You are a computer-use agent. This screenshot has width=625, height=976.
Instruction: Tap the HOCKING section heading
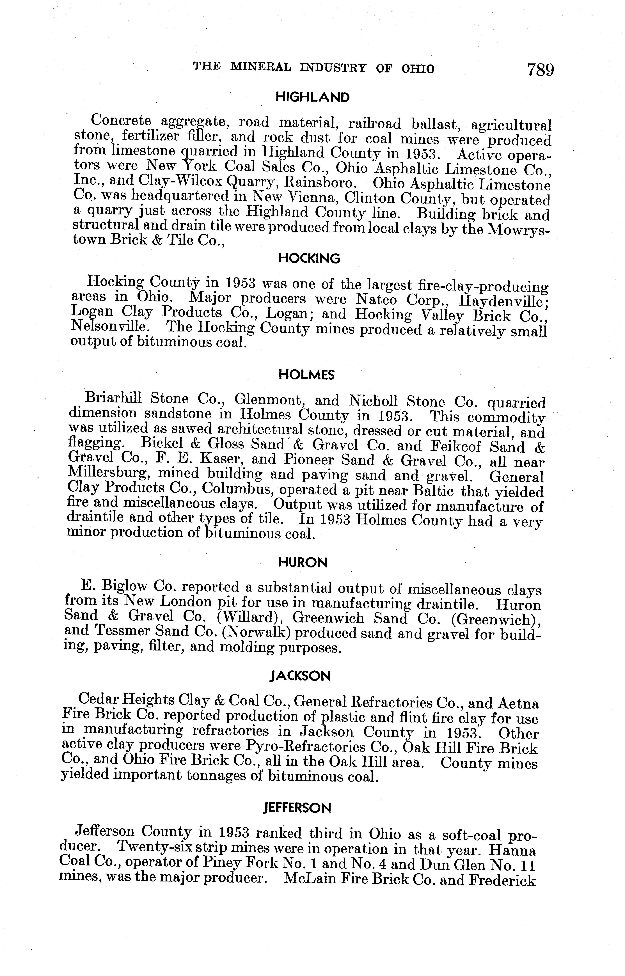click(309, 258)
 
